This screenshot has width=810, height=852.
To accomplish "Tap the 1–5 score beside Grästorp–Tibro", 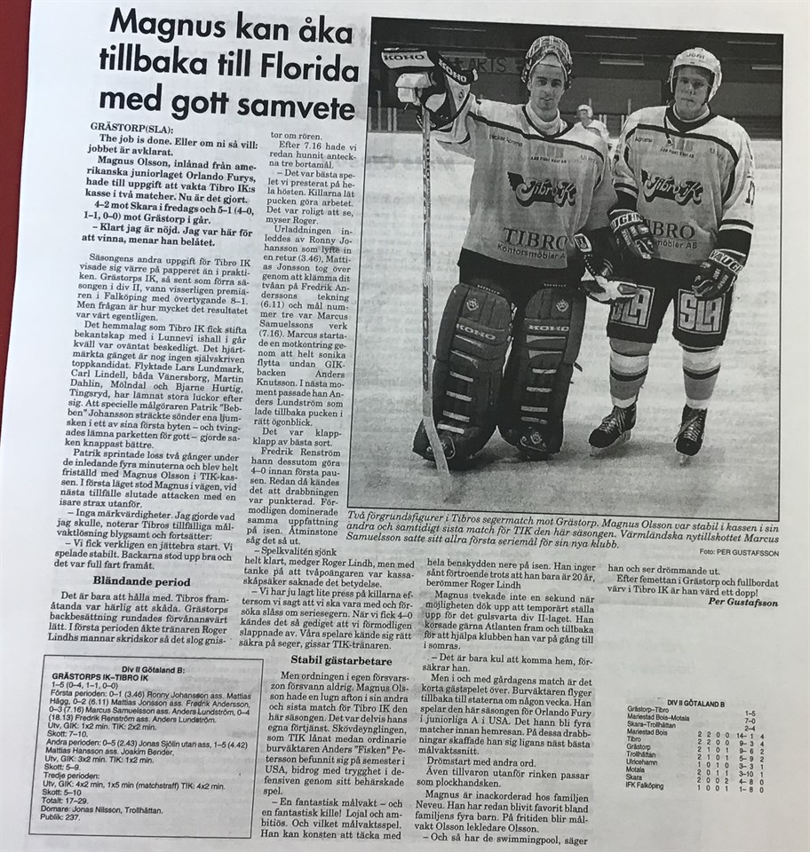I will coord(750,712).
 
